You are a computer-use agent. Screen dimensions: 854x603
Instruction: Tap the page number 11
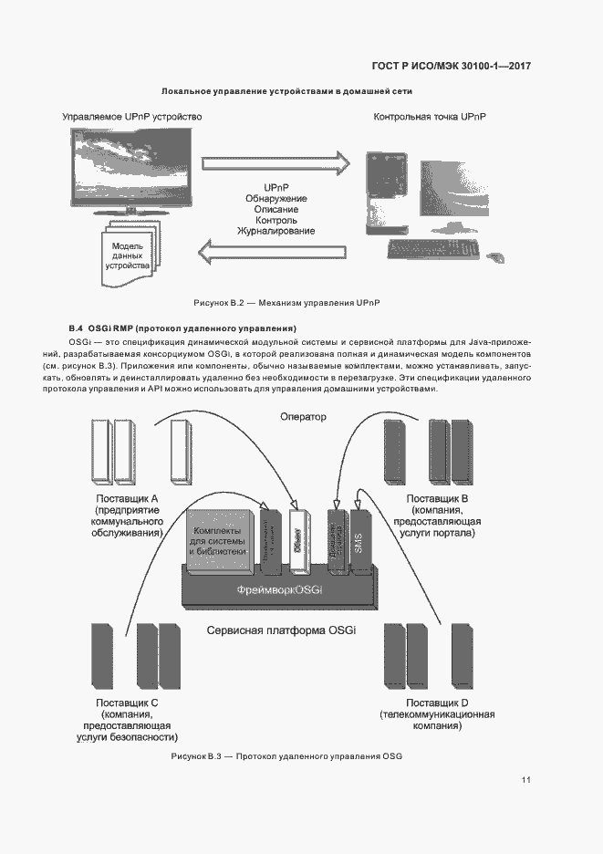point(526,780)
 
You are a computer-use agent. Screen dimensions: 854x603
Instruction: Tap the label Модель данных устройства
point(127,256)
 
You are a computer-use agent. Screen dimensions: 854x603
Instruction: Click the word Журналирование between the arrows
point(276,232)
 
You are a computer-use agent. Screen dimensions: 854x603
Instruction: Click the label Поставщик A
point(128,498)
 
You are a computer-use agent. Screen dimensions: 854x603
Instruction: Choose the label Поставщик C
point(128,703)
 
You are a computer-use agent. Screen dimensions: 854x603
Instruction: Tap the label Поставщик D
point(437,703)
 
